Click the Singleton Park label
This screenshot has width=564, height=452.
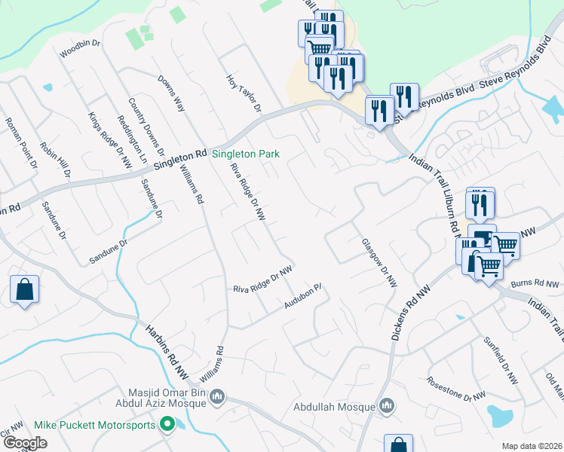click(246, 154)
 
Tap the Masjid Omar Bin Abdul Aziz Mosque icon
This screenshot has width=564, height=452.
click(217, 395)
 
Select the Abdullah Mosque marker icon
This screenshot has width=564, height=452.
click(388, 407)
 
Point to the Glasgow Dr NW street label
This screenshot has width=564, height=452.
click(379, 264)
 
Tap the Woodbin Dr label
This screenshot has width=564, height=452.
click(80, 48)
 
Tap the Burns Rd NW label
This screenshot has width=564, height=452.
click(535, 284)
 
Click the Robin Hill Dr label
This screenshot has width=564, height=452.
click(55, 160)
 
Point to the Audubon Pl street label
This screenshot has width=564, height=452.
click(303, 296)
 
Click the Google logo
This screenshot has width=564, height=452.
click(25, 443)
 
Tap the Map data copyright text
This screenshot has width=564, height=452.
click(532, 446)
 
